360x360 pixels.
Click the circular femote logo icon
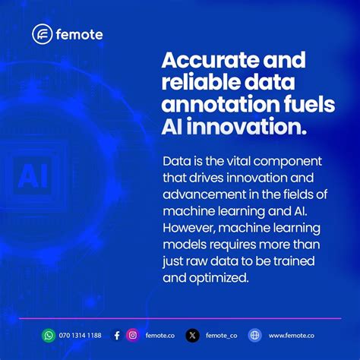pos(43,34)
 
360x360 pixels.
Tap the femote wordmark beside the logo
pos(79,34)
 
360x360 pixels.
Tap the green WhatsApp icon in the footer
pos(49,335)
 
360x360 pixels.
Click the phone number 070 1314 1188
pos(80,335)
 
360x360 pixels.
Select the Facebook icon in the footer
pos(116,335)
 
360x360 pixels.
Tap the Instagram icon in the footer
pos(132,335)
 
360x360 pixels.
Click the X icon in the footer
pos(193,335)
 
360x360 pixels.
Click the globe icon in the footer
pos(255,335)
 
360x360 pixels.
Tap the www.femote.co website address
pos(292,335)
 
